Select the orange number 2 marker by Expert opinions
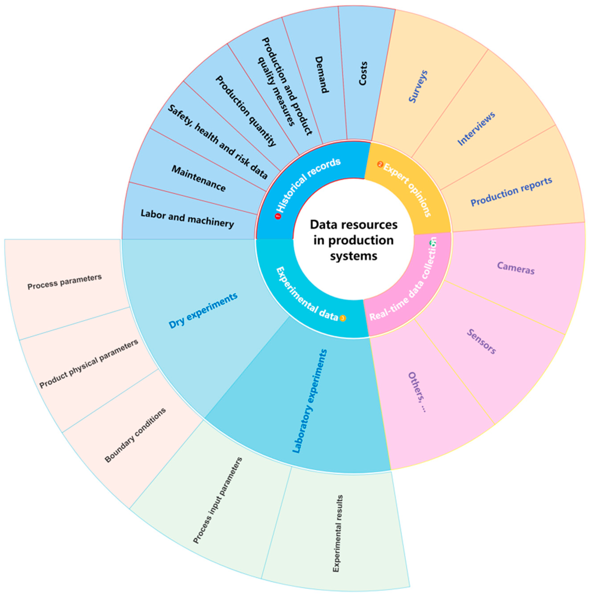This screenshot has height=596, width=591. [380, 164]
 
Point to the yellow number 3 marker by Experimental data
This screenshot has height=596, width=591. [343, 318]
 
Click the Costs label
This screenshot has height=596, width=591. [363, 74]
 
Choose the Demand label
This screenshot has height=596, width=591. [321, 74]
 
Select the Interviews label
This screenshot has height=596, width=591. [476, 129]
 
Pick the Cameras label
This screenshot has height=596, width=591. [516, 268]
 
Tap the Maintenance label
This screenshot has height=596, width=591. [198, 178]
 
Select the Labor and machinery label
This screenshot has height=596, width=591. [187, 219]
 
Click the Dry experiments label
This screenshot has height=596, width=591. [203, 310]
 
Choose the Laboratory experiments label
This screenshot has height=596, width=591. [309, 401]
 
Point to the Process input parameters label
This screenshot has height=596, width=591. [218, 500]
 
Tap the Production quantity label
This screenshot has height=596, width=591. [245, 111]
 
